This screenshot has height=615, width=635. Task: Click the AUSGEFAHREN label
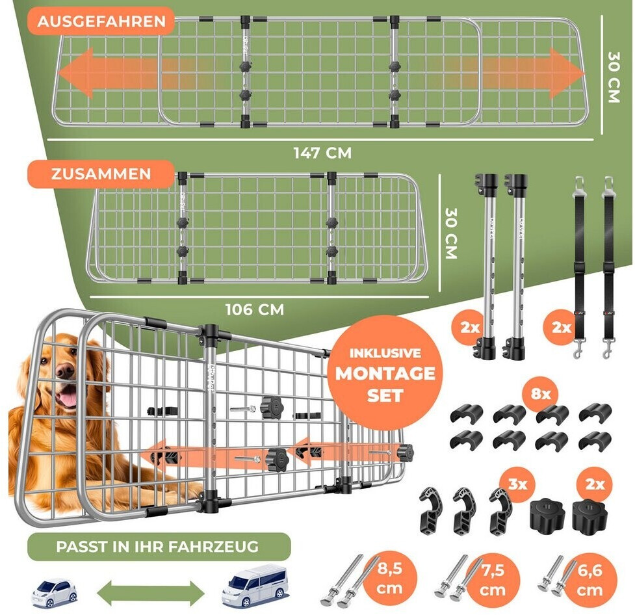coord(101,21)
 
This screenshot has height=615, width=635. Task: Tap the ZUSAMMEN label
coord(101,174)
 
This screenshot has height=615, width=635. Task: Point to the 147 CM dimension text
coord(322,153)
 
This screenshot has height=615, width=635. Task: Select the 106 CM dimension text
coord(255,309)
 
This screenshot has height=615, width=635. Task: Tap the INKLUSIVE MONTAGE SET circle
coord(385,373)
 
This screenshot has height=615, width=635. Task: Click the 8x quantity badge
coord(541,393)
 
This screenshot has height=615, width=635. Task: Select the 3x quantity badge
coord(517,484)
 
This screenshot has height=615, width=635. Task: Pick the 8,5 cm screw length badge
coord(389,579)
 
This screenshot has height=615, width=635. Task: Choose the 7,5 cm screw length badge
coord(493,580)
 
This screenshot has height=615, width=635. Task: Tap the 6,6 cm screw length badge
coord(590,580)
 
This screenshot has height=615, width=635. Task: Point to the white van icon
coord(255,586)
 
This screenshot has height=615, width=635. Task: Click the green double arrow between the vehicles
coord(151,593)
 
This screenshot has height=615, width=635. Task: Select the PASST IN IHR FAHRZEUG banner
coord(159,547)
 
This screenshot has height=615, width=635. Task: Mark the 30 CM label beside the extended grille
coord(614,77)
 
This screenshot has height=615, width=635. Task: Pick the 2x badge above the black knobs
coord(595,484)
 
